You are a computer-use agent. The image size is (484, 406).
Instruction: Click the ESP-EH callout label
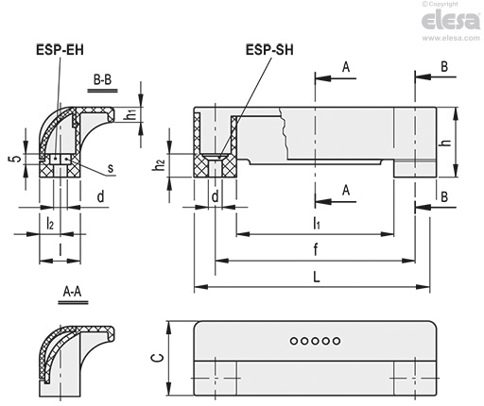[x=60, y=50]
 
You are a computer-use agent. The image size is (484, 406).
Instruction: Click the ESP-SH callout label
[x=269, y=50]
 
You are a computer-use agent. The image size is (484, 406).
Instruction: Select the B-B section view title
[x=102, y=79]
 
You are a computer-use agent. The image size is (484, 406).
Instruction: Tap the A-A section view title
[x=73, y=292]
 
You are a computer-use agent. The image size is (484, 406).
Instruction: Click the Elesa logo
[x=451, y=21]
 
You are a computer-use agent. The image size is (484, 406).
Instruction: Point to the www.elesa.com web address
[x=451, y=38]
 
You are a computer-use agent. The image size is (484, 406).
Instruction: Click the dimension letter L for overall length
[x=317, y=277]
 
